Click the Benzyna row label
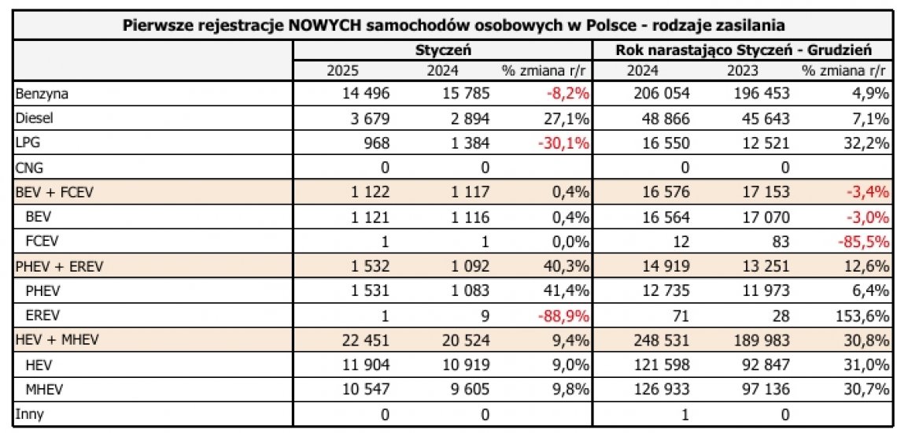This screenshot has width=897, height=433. pyautogui.click(x=42, y=94)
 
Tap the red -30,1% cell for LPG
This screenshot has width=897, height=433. pyautogui.click(x=567, y=143)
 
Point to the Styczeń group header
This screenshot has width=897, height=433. pyautogui.click(x=443, y=50)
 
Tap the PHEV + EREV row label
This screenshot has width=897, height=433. pyautogui.click(x=60, y=266)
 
